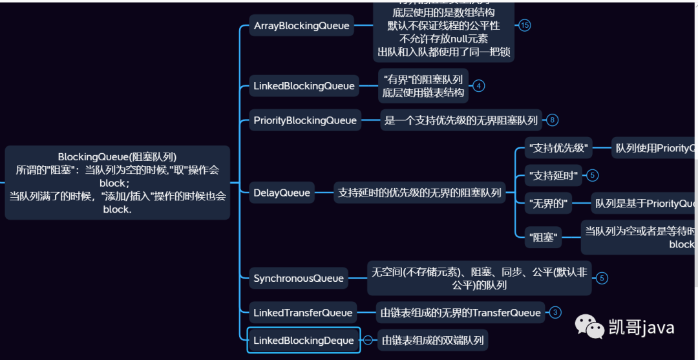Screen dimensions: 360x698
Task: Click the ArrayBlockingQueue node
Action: (302, 26)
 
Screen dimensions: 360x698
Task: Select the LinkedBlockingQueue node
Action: (304, 86)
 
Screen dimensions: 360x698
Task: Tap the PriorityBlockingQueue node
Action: (305, 120)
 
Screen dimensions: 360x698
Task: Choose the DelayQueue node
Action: (282, 193)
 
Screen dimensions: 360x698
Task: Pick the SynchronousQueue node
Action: (299, 279)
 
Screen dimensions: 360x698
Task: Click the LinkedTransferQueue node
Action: (303, 313)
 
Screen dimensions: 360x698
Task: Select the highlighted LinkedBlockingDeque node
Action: (304, 341)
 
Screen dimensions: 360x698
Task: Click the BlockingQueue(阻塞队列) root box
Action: (117, 183)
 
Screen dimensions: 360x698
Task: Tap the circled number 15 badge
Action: (524, 25)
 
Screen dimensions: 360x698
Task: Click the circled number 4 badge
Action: (478, 85)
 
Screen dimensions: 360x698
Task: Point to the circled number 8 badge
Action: (551, 120)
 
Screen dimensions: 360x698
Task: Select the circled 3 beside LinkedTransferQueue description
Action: (555, 313)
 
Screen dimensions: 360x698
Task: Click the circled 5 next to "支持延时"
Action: (593, 175)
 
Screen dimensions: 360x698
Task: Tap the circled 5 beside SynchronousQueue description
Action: (602, 279)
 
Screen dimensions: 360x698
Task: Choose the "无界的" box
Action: (549, 204)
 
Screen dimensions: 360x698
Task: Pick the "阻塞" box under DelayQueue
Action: (542, 237)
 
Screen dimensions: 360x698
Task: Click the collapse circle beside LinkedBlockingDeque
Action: (368, 340)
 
